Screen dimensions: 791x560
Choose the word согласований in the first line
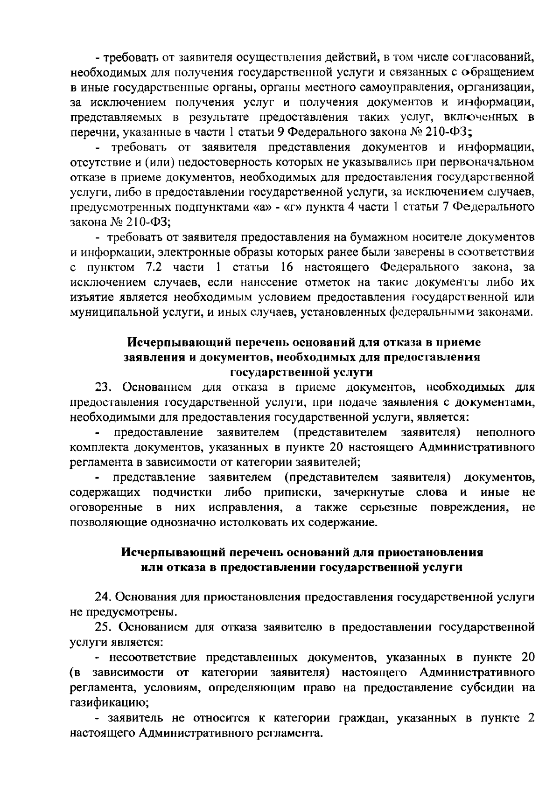coord(493,57)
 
